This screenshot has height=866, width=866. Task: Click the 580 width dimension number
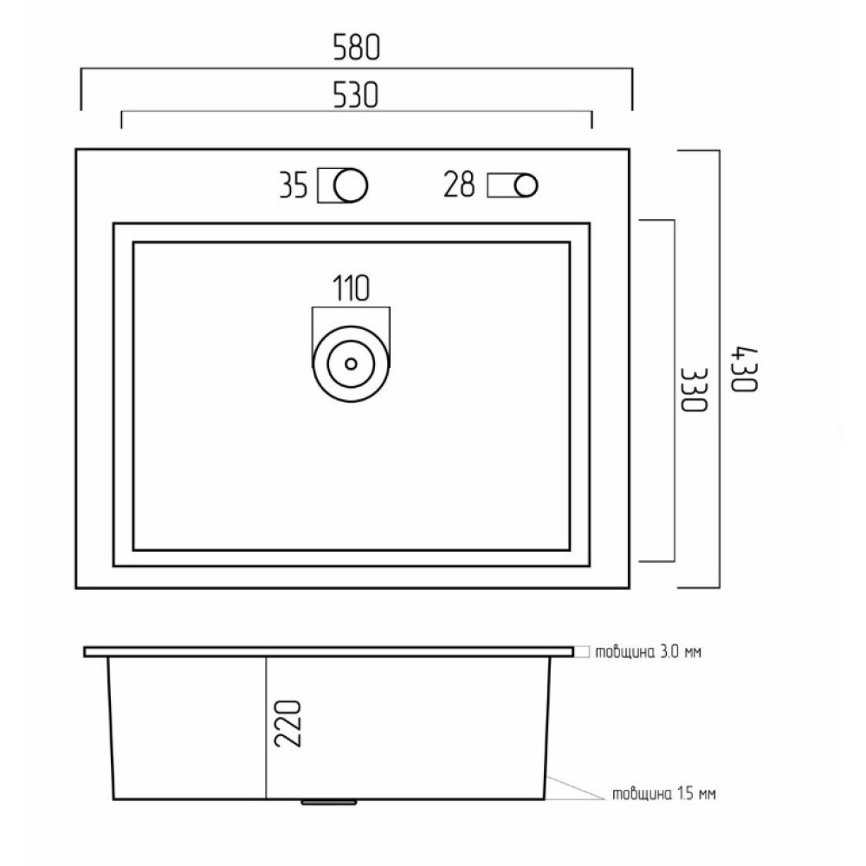point(357,48)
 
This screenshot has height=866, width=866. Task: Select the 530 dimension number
point(356,95)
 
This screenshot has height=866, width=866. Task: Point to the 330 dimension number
point(694,390)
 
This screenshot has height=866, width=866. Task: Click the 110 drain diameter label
point(351,288)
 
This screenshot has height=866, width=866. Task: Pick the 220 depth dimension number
point(288,723)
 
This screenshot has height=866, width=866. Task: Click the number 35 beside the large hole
point(294,185)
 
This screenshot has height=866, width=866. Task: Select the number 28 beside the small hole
point(459,184)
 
